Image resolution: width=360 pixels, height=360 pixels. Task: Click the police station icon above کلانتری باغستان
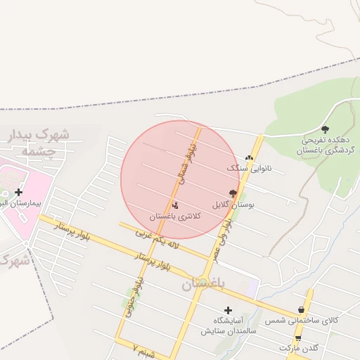[175, 205]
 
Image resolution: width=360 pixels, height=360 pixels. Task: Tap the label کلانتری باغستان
[176, 217]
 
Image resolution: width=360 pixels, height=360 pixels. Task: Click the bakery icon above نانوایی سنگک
[249, 157]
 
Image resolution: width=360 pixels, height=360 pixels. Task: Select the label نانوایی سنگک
[248, 169]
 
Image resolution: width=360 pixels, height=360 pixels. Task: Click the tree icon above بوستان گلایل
[232, 193]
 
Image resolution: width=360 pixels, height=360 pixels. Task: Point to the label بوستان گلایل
[232, 205]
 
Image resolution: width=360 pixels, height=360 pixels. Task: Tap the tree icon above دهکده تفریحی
[325, 129]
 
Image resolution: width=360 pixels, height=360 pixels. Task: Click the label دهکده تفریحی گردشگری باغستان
[324, 145]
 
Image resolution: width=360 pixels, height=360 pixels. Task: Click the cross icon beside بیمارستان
[18, 192]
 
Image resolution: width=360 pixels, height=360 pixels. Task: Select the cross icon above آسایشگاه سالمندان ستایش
[228, 309]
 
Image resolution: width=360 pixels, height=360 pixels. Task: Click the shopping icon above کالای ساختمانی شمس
[302, 309]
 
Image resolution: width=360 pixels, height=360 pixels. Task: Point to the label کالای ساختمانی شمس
[302, 321]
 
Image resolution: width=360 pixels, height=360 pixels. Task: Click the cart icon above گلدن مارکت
[298, 337]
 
